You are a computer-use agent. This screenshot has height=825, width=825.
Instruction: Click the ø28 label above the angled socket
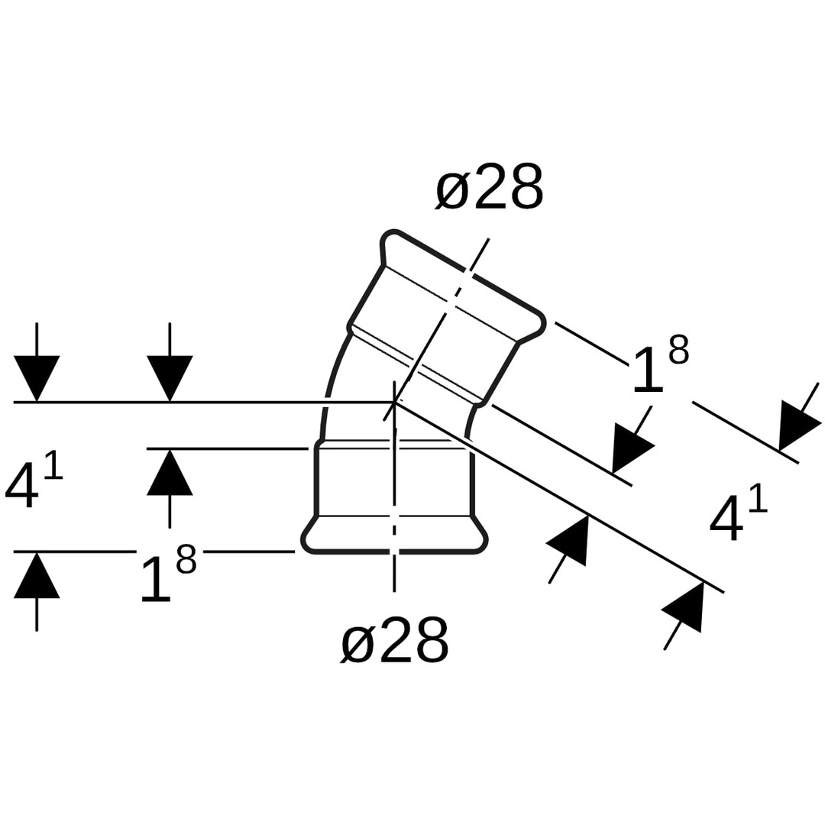[x=490, y=187]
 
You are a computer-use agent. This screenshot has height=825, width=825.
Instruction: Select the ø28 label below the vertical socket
[x=394, y=640]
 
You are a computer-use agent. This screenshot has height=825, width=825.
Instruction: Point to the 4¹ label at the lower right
[x=738, y=512]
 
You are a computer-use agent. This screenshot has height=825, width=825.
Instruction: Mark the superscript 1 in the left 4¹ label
[x=53, y=467]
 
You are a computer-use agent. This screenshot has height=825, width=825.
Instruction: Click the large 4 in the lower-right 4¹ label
[x=726, y=518]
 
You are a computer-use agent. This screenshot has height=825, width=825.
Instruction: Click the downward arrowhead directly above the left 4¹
[x=37, y=377]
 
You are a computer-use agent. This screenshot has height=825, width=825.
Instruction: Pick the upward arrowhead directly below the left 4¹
[x=37, y=575]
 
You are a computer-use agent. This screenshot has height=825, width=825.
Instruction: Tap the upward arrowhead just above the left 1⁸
[x=170, y=472]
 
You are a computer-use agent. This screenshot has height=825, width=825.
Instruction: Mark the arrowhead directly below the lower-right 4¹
[x=684, y=607]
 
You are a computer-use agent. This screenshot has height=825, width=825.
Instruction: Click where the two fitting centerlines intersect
[x=394, y=401]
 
